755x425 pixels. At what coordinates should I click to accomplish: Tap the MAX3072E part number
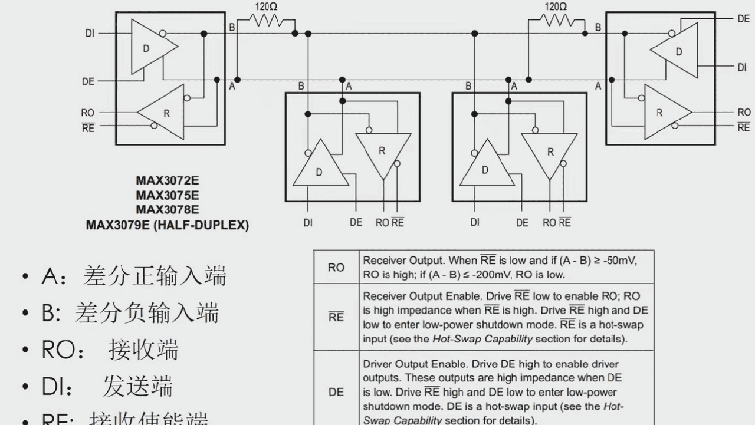point(167,180)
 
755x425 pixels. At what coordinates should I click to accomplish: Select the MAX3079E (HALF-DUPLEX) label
point(167,225)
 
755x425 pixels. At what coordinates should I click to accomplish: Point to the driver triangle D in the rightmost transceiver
point(675,51)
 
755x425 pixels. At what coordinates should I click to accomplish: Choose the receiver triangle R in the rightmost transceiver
point(664,113)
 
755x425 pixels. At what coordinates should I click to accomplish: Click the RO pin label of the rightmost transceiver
point(744,112)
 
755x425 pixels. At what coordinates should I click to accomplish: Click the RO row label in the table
point(336,268)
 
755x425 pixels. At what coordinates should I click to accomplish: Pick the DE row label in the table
point(336,391)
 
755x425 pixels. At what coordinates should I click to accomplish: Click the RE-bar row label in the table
point(336,318)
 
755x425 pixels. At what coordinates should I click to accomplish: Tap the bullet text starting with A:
point(134,276)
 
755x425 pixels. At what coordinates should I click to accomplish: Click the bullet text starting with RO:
point(110,350)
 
